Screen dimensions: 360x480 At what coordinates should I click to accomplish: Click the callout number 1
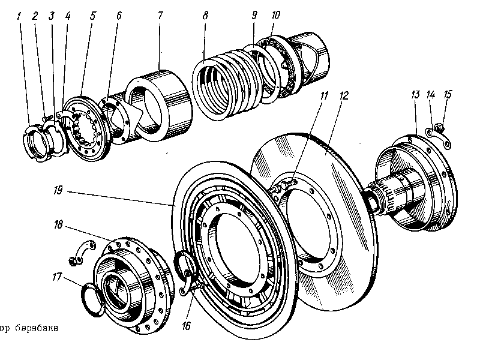pyautogui.click(x=20, y=16)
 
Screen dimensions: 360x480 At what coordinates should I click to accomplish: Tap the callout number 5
pyautogui.click(x=93, y=16)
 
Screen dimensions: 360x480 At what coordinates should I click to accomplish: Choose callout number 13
pyautogui.click(x=415, y=94)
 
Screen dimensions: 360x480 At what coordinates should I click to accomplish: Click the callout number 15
pyautogui.click(x=447, y=94)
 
